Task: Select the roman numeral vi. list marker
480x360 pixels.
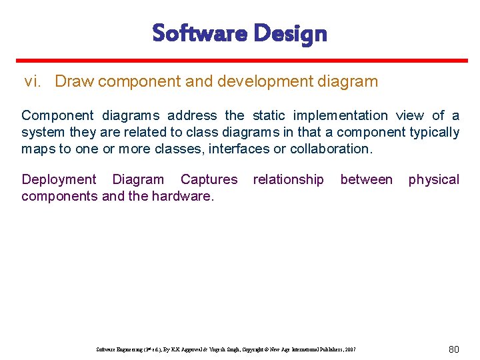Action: pos(34,82)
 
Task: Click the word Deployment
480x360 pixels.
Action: pos(59,179)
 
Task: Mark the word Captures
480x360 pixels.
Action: pos(209,179)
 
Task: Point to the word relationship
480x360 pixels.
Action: pos(288,179)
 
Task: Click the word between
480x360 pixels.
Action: pos(366,179)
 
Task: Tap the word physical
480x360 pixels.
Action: pos(433,179)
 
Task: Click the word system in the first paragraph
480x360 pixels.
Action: pos(43,132)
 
